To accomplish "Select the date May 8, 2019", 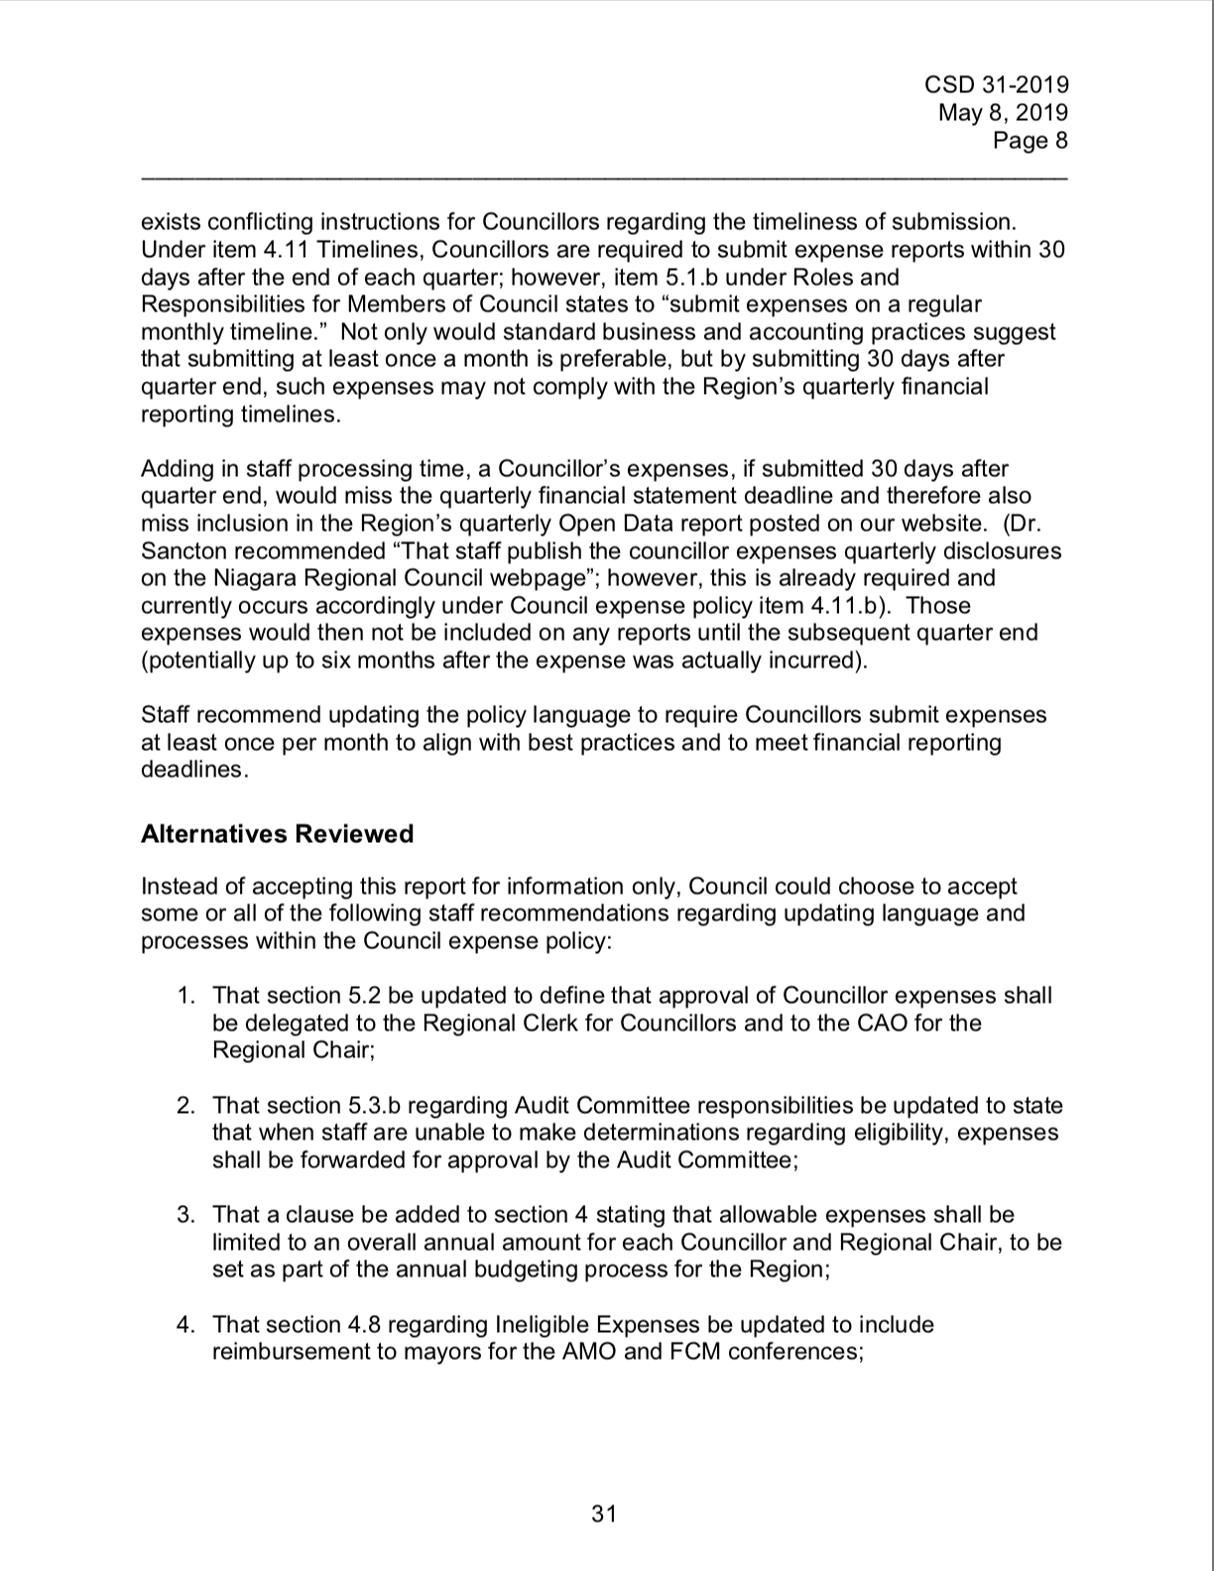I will pyautogui.click(x=1003, y=113).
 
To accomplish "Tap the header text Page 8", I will pyautogui.click(x=1031, y=141).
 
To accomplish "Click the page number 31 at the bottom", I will pyautogui.click(x=604, y=1513).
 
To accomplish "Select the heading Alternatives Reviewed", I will pyautogui.click(x=277, y=834).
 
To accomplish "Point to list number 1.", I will pyautogui.click(x=185, y=996).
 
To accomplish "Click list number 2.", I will pyautogui.click(x=185, y=1106).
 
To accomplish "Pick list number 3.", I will pyautogui.click(x=185, y=1215).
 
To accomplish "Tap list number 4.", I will pyautogui.click(x=185, y=1325).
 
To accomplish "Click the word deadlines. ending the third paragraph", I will pyautogui.click(x=193, y=771).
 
